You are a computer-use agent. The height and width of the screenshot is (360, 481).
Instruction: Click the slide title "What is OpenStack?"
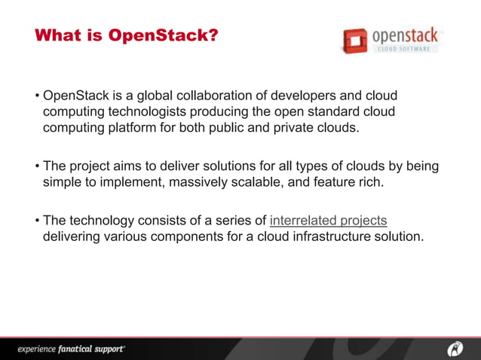tap(126, 35)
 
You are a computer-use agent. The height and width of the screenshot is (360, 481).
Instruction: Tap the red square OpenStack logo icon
tap(353, 41)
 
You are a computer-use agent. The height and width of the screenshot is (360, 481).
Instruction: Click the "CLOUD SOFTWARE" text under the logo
tap(404, 49)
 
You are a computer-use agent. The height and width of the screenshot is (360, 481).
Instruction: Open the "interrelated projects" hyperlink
tap(328, 221)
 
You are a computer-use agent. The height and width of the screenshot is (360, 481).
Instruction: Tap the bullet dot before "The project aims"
tap(36, 166)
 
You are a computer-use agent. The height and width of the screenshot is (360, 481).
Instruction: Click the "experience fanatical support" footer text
tap(71, 349)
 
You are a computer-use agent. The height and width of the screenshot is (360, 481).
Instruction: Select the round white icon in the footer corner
tap(456, 348)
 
